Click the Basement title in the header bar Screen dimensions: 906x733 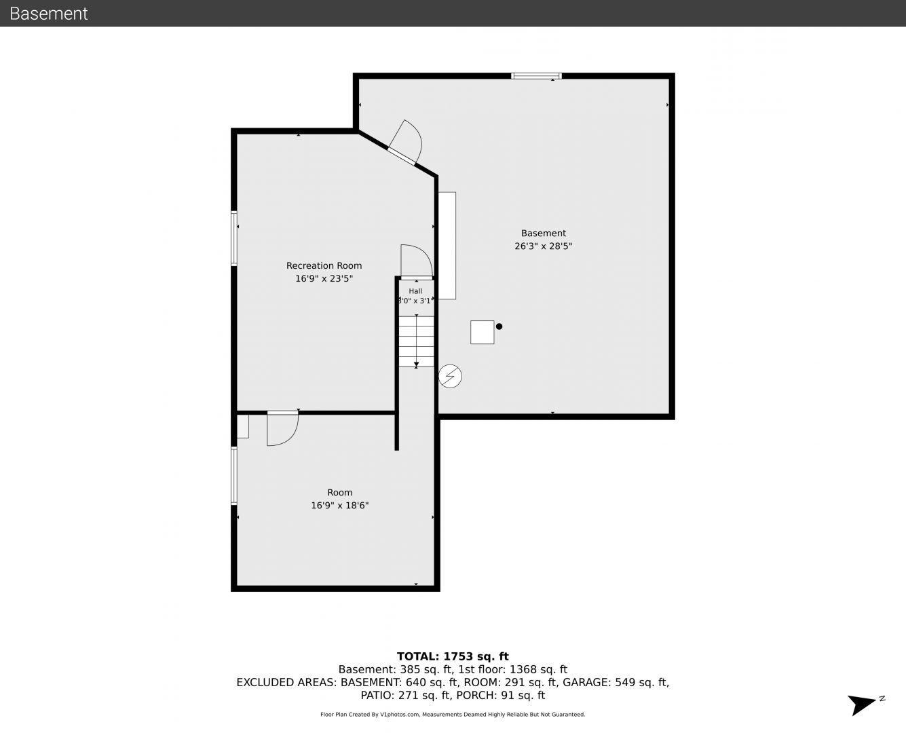[x=48, y=14]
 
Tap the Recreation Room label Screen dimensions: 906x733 [x=324, y=265]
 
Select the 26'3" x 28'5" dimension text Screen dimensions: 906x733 [x=543, y=246]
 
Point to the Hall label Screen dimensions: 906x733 [x=415, y=291]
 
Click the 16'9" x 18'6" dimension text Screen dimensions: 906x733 [x=339, y=506]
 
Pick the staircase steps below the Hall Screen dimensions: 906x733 [x=416, y=341]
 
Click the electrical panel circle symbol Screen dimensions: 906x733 [x=450, y=376]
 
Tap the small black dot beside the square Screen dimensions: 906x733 [x=499, y=326]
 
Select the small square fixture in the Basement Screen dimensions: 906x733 [x=482, y=332]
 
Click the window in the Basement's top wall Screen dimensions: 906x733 [x=536, y=76]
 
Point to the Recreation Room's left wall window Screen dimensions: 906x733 [x=234, y=238]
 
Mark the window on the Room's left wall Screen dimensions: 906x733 [x=234, y=476]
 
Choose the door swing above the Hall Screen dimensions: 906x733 [x=417, y=262]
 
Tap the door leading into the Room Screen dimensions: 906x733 [x=282, y=428]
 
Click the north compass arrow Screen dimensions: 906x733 [x=862, y=705]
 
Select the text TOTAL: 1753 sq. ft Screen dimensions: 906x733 [x=453, y=656]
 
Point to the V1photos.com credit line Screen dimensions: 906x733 [x=453, y=715]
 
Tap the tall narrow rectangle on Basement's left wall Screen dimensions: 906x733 [x=447, y=246]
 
